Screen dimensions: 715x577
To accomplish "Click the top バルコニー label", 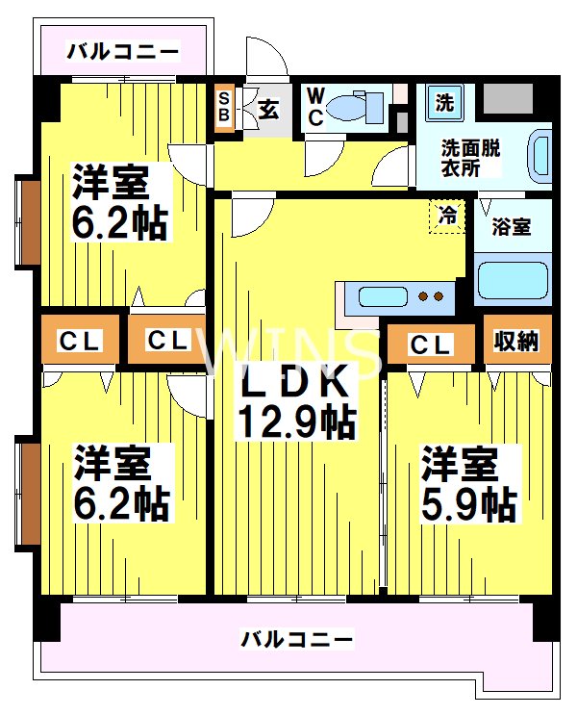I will pyautogui.click(x=122, y=51).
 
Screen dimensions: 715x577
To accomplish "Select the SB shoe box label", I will pyautogui.click(x=224, y=108).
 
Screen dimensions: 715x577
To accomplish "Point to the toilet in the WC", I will pyautogui.click(x=357, y=107).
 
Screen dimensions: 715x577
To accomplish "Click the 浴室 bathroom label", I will pyautogui.click(x=511, y=228).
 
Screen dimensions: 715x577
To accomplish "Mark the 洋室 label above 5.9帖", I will pyautogui.click(x=461, y=463).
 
